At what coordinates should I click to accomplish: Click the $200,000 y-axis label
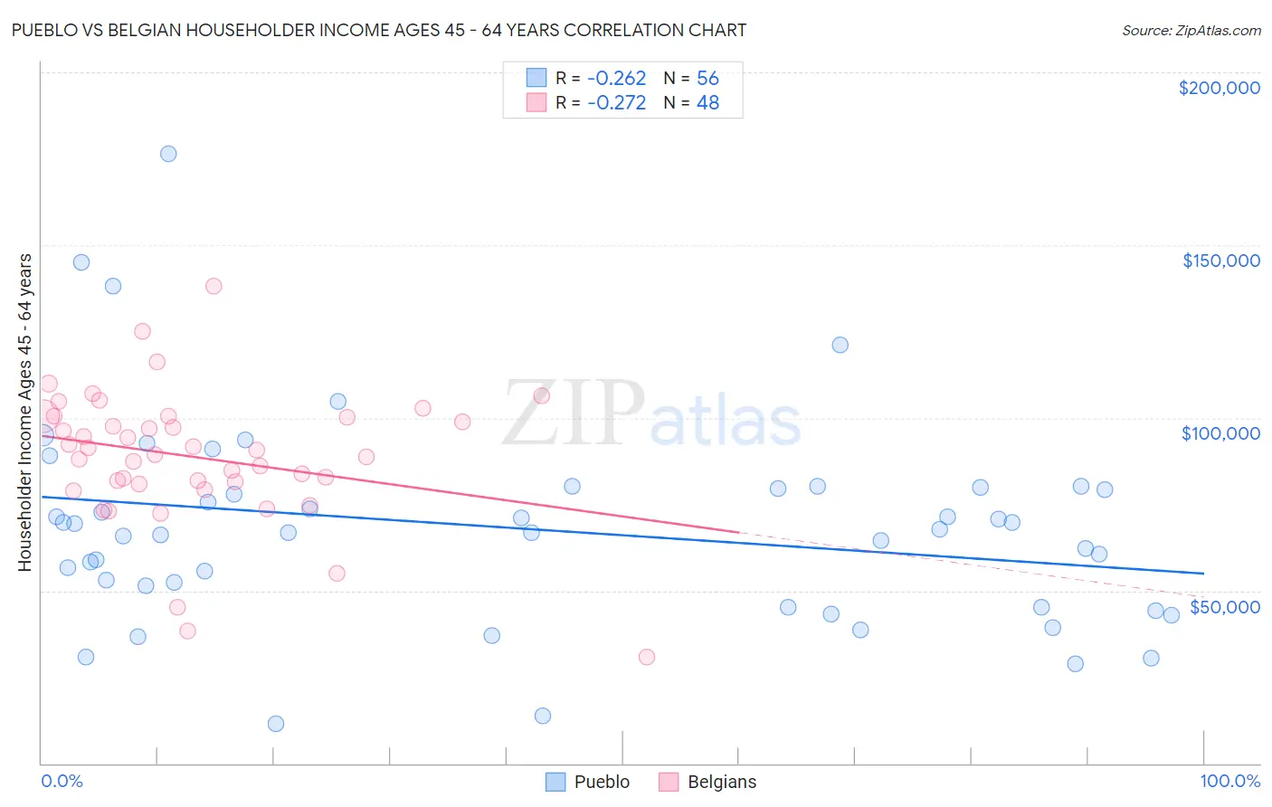pyautogui.click(x=1219, y=88)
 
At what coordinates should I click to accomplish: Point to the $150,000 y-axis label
pyautogui.click(x=1220, y=261)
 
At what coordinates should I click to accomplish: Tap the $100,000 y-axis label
pyautogui.click(x=1220, y=433)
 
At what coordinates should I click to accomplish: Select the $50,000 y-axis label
pyautogui.click(x=1224, y=606)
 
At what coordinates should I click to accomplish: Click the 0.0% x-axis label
pyautogui.click(x=62, y=781)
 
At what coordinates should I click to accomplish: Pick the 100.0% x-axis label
pyautogui.click(x=1229, y=781)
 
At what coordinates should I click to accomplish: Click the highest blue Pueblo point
pyautogui.click(x=168, y=154)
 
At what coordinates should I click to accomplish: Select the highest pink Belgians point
pyautogui.click(x=214, y=286)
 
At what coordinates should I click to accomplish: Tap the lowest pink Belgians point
pyautogui.click(x=646, y=657)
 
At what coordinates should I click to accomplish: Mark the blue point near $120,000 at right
pyautogui.click(x=840, y=345)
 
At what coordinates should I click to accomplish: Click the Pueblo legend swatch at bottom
pyautogui.click(x=555, y=782)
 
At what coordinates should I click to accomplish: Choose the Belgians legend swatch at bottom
pyautogui.click(x=669, y=782)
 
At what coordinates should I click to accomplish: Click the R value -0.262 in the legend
pyautogui.click(x=616, y=79)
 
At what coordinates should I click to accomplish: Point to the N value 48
pyautogui.click(x=707, y=103)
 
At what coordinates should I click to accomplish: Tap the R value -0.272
pyautogui.click(x=616, y=103)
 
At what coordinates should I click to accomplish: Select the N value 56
pyautogui.click(x=707, y=79)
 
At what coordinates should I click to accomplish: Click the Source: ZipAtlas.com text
pyautogui.click(x=1191, y=31)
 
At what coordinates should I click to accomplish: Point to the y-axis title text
pyautogui.click(x=24, y=412)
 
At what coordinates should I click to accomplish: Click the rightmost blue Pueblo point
pyautogui.click(x=1171, y=615)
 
